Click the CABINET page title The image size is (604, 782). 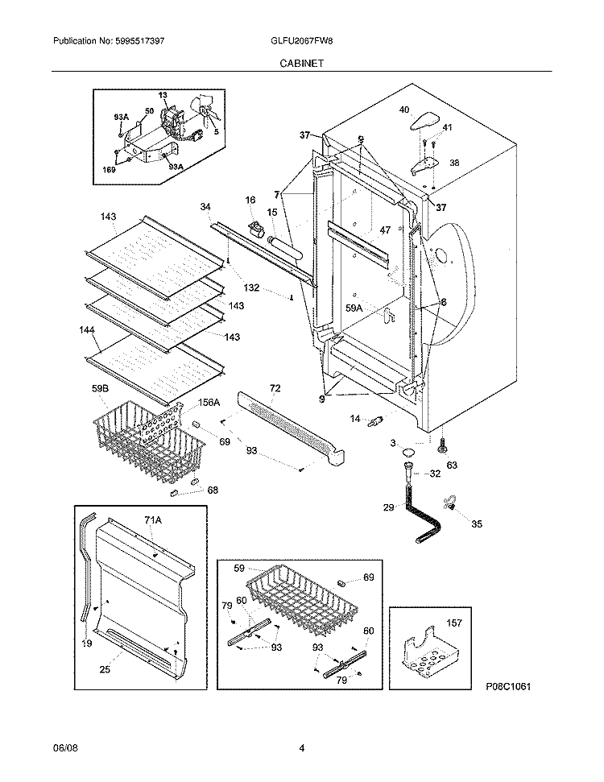coord(302,62)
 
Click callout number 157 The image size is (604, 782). coord(454,623)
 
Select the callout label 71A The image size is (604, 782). coord(153,522)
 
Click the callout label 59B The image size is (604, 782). coord(100,389)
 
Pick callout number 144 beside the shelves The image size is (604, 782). coord(86,330)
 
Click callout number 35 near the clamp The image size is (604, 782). coord(477,524)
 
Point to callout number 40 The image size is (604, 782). coord(404,110)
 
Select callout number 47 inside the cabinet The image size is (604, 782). coord(385,230)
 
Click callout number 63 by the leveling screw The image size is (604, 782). coord(452,465)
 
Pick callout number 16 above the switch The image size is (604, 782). coord(250,200)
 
